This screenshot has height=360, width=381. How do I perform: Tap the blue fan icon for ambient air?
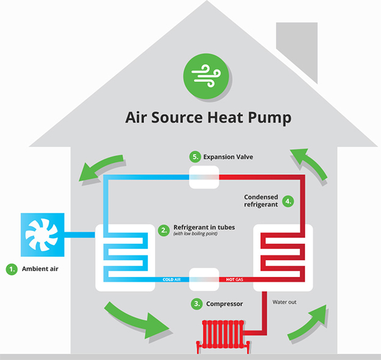(x=42, y=233)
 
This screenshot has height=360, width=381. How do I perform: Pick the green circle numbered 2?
(x=163, y=230)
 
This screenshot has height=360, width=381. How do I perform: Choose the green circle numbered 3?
(x=196, y=303)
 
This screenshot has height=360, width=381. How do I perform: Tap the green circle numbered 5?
(x=195, y=157)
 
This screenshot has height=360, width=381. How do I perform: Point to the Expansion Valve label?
(x=228, y=157)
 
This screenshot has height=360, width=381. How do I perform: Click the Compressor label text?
(x=224, y=303)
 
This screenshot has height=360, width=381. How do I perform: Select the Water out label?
(x=285, y=302)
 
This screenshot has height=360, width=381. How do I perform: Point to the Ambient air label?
(x=41, y=268)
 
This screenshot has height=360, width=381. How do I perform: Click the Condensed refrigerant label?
(x=261, y=200)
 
